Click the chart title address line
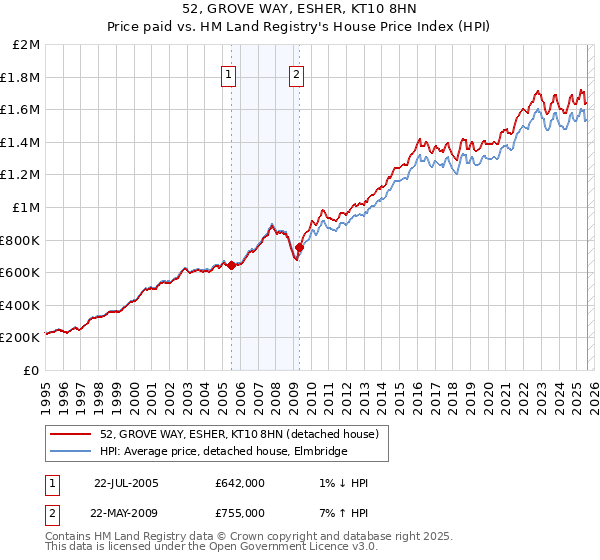tap(300, 10)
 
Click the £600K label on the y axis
tap(21, 272)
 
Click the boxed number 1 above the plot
tap(229, 74)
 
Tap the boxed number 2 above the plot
tap(298, 74)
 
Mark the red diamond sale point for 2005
tap(232, 265)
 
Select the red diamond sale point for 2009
tap(299, 247)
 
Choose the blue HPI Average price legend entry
tap(223, 452)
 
